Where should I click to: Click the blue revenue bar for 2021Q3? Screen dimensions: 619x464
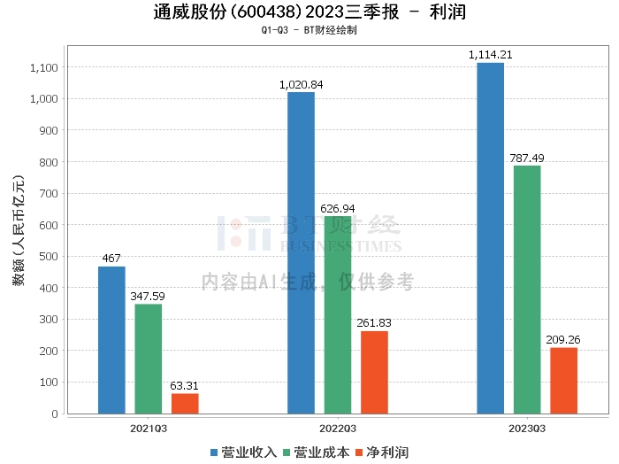(x=111, y=340)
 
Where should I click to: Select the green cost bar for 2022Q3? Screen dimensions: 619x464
(x=338, y=315)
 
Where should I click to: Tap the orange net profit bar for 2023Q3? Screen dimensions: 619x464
(x=564, y=381)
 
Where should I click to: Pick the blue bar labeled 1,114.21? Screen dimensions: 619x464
(x=490, y=238)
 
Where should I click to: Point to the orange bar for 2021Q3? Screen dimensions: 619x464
(x=185, y=404)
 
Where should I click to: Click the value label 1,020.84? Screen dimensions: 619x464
(x=302, y=85)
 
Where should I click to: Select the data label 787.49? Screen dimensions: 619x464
(x=527, y=159)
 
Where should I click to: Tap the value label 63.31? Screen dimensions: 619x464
(x=184, y=386)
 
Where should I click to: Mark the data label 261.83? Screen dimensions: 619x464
(x=374, y=323)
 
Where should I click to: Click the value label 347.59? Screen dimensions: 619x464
(x=148, y=296)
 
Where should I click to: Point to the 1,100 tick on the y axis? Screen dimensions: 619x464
(x=44, y=67)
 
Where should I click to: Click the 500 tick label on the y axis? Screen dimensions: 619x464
(x=49, y=257)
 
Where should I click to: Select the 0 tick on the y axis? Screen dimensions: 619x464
(x=55, y=414)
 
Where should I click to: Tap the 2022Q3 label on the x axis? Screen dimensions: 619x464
(x=338, y=429)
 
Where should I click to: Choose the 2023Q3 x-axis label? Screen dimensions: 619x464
(x=527, y=429)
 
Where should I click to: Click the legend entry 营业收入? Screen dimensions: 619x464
(x=243, y=452)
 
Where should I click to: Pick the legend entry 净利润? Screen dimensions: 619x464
(x=382, y=452)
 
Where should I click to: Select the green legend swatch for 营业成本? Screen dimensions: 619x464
(x=287, y=452)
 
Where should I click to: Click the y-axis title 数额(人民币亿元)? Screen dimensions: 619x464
(x=19, y=230)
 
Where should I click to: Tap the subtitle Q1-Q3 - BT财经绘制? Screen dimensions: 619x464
(x=309, y=30)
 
